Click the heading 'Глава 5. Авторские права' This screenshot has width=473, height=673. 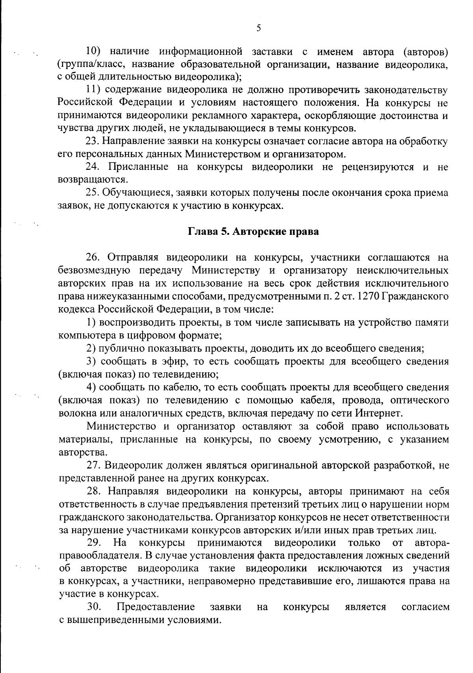pos(253,232)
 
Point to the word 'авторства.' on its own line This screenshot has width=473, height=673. pos(77,452)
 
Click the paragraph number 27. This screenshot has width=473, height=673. pos(93,465)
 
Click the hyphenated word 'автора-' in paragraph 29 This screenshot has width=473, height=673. pos(432,543)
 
